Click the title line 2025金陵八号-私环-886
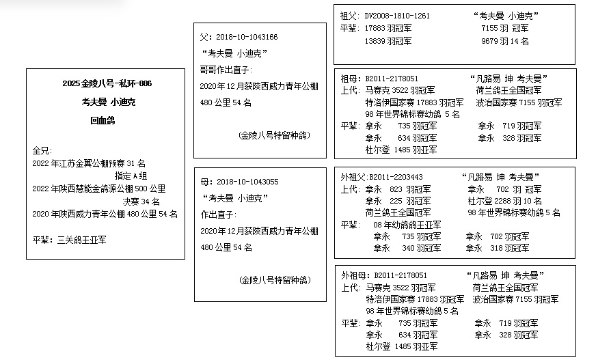107,83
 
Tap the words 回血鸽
103,120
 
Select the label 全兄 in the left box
40,150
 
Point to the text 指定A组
131,176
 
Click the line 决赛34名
141,202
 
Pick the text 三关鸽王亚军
82,240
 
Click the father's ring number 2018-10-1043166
247,37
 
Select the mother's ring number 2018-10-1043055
247,182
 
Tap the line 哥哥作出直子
226,70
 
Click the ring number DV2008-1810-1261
397,16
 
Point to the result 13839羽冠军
388,41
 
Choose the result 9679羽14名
505,41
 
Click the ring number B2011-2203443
396,178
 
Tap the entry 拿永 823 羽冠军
398,189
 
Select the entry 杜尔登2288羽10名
505,201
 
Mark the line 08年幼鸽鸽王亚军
407,225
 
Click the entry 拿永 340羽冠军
407,248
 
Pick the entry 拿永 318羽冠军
498,248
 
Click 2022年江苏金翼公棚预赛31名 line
89,163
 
